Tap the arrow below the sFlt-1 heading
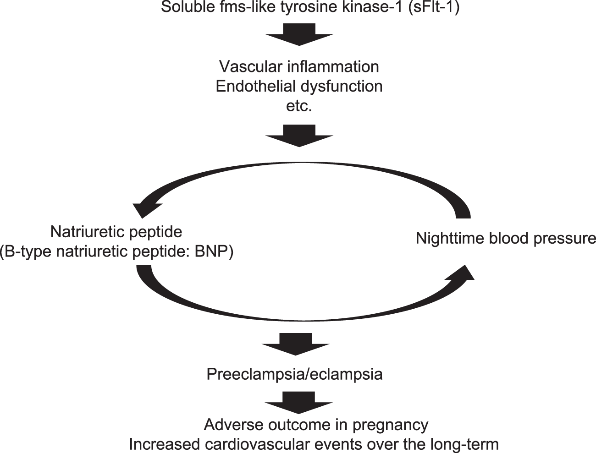click(x=299, y=35)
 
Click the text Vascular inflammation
click(x=299, y=66)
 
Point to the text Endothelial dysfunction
click(x=299, y=86)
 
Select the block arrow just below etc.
click(x=299, y=136)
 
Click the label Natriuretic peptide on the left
click(x=116, y=232)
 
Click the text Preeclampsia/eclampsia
click(x=294, y=374)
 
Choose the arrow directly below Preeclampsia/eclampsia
click(x=299, y=403)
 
